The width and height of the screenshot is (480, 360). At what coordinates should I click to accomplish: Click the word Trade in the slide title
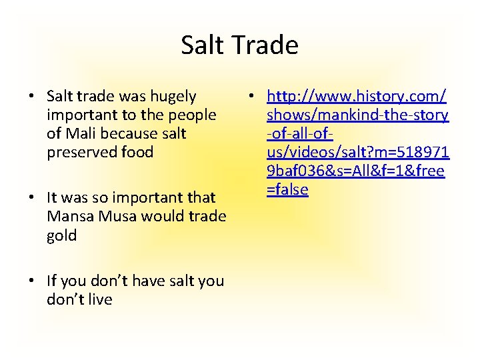click(x=266, y=45)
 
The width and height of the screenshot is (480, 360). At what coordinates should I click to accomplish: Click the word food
click(x=137, y=152)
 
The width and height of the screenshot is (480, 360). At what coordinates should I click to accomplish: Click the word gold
click(x=62, y=235)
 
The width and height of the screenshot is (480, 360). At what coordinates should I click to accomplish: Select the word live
click(x=98, y=299)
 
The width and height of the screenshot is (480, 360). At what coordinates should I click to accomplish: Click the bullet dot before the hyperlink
click(x=250, y=97)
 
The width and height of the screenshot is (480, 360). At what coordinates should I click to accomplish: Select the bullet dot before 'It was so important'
click(x=31, y=198)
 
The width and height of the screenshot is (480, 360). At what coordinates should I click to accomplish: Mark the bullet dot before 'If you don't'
click(x=31, y=281)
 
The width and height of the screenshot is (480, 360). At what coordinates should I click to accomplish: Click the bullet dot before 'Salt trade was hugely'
click(x=31, y=97)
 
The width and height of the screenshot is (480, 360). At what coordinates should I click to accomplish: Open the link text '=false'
click(x=287, y=189)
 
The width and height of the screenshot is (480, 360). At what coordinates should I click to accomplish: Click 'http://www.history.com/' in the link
click(x=357, y=97)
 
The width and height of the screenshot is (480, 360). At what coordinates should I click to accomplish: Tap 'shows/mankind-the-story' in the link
click(x=357, y=115)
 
